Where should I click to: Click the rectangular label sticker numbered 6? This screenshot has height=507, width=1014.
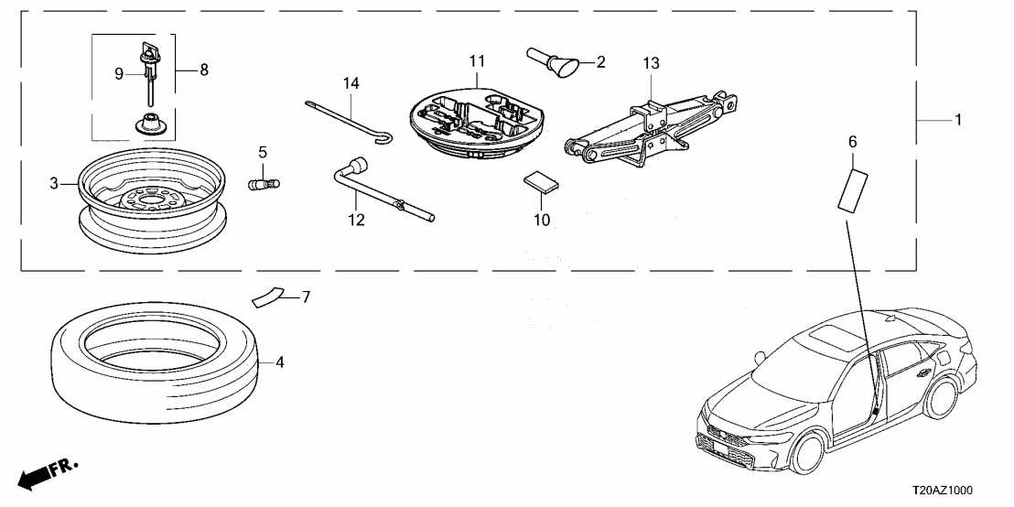tap(853, 189)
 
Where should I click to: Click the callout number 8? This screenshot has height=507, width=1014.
tap(203, 70)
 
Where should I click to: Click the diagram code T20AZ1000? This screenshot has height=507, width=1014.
tap(966, 491)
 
